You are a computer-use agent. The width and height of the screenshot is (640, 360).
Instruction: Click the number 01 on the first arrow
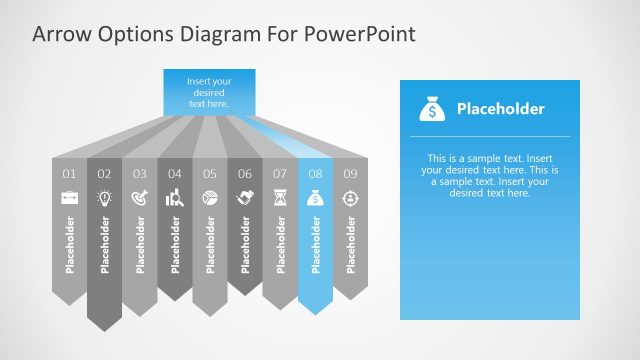tap(69, 174)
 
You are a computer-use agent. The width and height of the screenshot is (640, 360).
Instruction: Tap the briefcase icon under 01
tap(69, 198)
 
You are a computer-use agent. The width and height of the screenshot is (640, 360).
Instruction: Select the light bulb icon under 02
tap(104, 198)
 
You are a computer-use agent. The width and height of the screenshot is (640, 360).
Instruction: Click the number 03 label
tap(139, 174)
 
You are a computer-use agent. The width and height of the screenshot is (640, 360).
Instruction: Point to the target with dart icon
tap(139, 198)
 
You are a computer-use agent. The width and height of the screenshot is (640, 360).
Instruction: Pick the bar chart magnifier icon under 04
tap(175, 198)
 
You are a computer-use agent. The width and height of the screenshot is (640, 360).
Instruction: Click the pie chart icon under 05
tap(210, 198)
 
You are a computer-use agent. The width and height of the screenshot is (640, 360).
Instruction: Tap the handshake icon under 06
tap(245, 198)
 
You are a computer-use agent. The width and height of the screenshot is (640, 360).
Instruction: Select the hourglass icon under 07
tap(280, 198)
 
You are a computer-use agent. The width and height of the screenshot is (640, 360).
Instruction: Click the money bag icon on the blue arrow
tap(315, 198)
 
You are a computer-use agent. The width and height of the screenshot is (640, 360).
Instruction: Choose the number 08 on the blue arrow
tap(315, 174)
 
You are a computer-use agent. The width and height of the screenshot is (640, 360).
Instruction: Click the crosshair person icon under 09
tap(350, 198)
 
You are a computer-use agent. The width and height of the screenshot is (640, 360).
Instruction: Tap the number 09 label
tap(350, 174)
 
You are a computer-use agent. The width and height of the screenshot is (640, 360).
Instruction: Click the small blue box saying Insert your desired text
tap(209, 91)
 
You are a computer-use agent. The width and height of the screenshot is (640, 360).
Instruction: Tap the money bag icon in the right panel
tap(431, 108)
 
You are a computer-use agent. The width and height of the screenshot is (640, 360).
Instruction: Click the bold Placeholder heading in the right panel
tap(500, 109)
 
